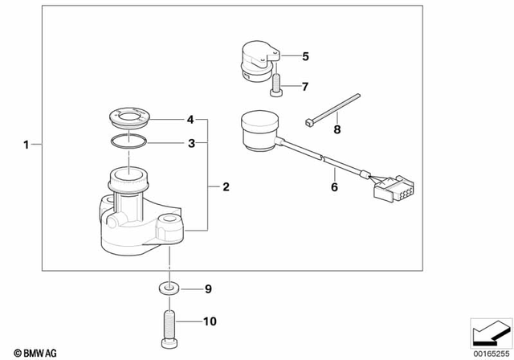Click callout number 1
[x=26, y=145]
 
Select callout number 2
[x=226, y=187]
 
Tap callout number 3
[x=191, y=143]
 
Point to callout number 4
[x=190, y=120]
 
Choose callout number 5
[x=304, y=56]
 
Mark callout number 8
[x=338, y=129]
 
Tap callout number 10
[x=209, y=322]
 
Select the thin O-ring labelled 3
[x=128, y=143]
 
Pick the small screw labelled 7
[x=276, y=83]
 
